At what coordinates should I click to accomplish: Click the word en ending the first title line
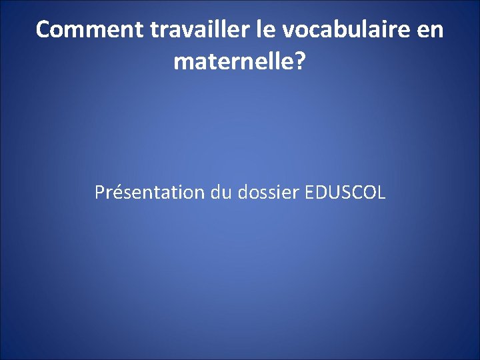point(431,30)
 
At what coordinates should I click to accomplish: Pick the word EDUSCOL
point(345,193)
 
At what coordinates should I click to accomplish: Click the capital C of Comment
point(43,30)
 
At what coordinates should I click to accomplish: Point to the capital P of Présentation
point(99,193)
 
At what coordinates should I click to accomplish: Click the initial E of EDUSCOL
point(309,193)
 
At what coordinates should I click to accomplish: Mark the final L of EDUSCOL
point(381,193)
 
